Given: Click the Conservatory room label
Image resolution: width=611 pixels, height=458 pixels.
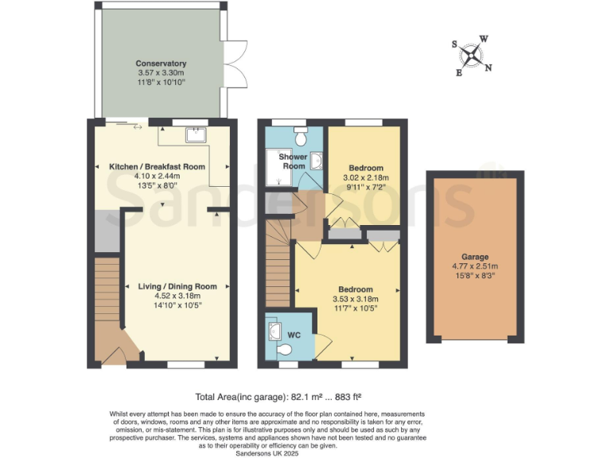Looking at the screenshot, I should (161, 64).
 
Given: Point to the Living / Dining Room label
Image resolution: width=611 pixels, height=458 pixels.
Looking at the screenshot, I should (172, 286).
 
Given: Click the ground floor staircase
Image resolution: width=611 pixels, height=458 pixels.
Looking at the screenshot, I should (106, 294).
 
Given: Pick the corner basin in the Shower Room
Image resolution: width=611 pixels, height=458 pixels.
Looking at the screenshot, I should (317, 161).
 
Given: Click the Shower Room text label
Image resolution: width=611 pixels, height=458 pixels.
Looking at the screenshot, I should (292, 161).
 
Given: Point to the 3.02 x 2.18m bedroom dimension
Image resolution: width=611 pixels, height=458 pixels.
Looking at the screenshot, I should (363, 178).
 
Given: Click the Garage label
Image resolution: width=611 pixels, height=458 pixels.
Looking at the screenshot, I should (474, 257).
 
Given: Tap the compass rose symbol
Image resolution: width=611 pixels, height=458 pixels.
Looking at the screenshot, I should (473, 55).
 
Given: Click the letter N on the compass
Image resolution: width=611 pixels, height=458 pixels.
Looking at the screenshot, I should (488, 68).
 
